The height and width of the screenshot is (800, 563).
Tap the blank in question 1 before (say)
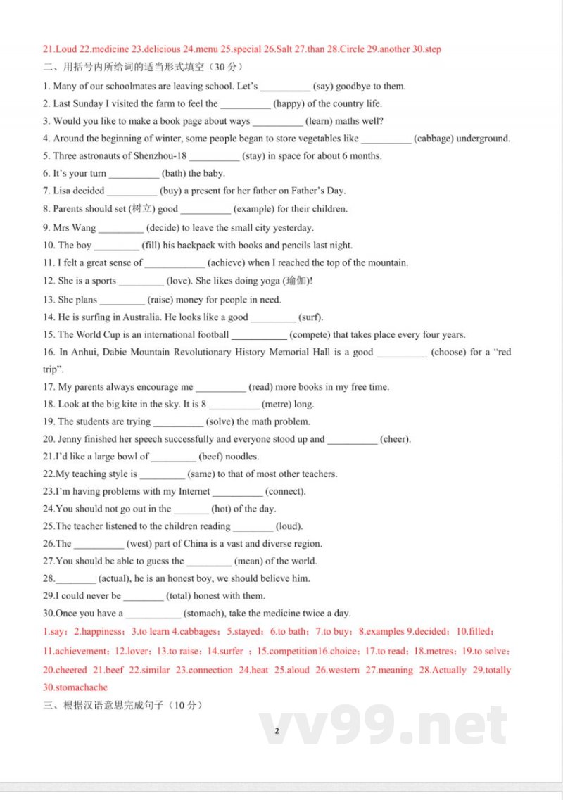coord(284,87)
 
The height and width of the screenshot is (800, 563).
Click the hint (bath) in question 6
coord(174,174)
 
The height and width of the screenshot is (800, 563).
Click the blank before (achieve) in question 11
coord(175,264)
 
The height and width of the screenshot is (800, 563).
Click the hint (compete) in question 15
coord(309,335)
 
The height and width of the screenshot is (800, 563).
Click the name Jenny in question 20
coord(70,439)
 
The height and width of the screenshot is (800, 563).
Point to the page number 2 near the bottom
coord(277,731)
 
